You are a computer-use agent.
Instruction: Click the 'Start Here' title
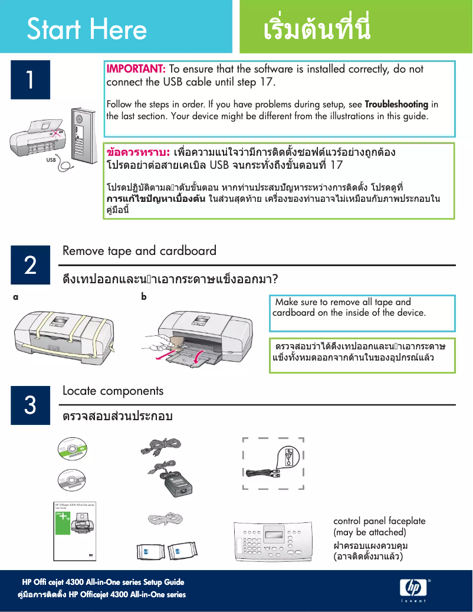click(87, 29)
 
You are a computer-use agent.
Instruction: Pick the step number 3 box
click(30, 405)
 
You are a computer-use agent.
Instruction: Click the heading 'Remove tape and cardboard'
click(139, 251)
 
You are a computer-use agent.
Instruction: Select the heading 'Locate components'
click(113, 391)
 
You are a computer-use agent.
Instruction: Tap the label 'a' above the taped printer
click(16, 297)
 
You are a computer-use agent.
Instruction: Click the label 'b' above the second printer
click(143, 297)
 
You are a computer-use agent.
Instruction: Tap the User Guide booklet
click(75, 532)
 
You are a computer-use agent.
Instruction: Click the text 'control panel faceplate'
click(379, 521)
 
